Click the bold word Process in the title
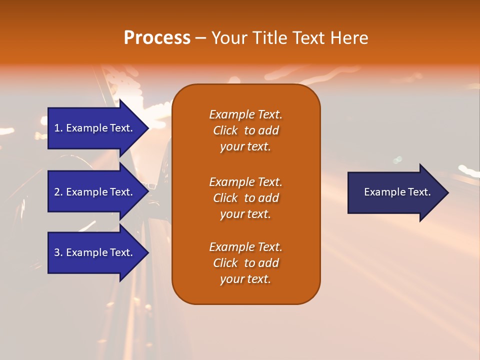pos(157,38)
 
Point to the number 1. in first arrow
pos(58,128)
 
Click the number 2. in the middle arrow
pos(58,192)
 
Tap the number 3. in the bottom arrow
pos(58,252)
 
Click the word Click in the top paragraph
pos(225,130)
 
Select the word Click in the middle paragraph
pos(225,198)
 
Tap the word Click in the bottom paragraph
pos(225,263)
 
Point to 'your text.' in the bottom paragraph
pos(245,279)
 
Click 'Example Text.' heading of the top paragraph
pos(245,114)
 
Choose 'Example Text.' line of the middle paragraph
pos(245,181)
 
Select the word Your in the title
pos(229,38)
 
